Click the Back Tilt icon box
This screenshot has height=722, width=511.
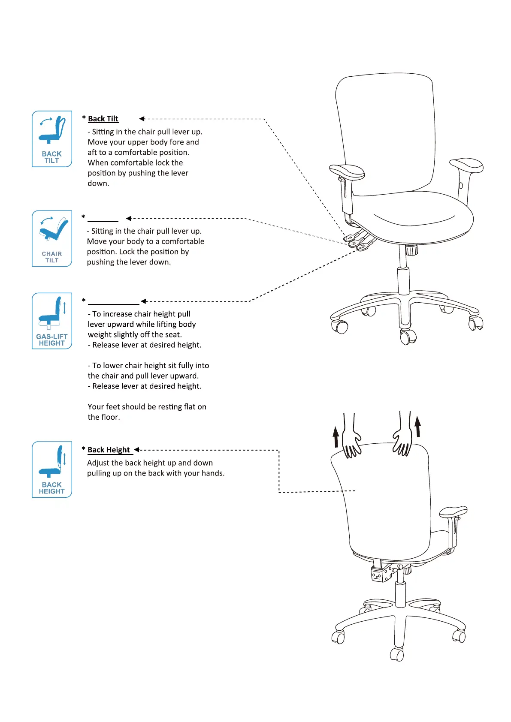click(52, 138)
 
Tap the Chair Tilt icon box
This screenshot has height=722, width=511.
click(52, 238)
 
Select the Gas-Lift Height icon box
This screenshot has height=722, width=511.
click(52, 321)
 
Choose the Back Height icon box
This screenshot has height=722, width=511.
click(52, 469)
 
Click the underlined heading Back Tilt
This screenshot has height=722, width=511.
click(103, 119)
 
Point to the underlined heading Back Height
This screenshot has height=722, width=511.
click(109, 450)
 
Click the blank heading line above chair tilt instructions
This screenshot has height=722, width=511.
click(103, 221)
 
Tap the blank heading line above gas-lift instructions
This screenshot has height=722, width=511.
click(114, 304)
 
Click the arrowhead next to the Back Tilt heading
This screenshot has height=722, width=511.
click(142, 119)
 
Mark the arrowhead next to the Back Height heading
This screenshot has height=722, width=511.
click(136, 450)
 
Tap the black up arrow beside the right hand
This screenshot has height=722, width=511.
click(417, 425)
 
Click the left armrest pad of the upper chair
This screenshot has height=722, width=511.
click(347, 171)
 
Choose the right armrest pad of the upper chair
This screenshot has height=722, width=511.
click(466, 165)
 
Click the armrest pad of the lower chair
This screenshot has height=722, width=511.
click(453, 511)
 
